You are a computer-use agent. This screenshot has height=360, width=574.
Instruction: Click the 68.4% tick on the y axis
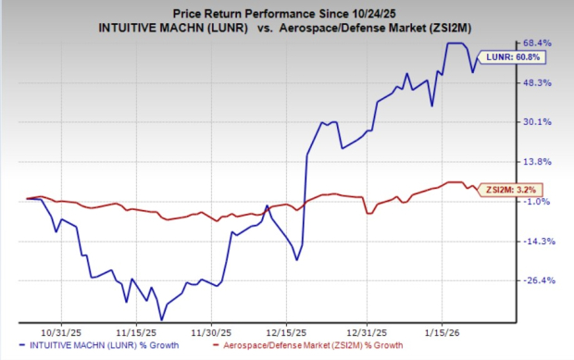[541, 43]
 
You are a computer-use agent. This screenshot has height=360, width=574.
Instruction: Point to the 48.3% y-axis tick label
[541, 82]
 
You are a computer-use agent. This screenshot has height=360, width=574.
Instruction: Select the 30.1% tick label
[541, 121]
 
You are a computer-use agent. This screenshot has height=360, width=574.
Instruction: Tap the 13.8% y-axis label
[541, 161]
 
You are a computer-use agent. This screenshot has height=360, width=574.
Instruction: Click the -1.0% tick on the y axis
[541, 201]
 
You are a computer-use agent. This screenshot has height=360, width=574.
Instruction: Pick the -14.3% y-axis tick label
[541, 241]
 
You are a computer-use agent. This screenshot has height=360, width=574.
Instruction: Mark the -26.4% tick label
[541, 280]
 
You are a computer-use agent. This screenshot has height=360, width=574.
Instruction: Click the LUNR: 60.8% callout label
[501, 57]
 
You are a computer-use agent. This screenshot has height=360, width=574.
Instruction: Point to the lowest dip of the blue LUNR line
[161, 319]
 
